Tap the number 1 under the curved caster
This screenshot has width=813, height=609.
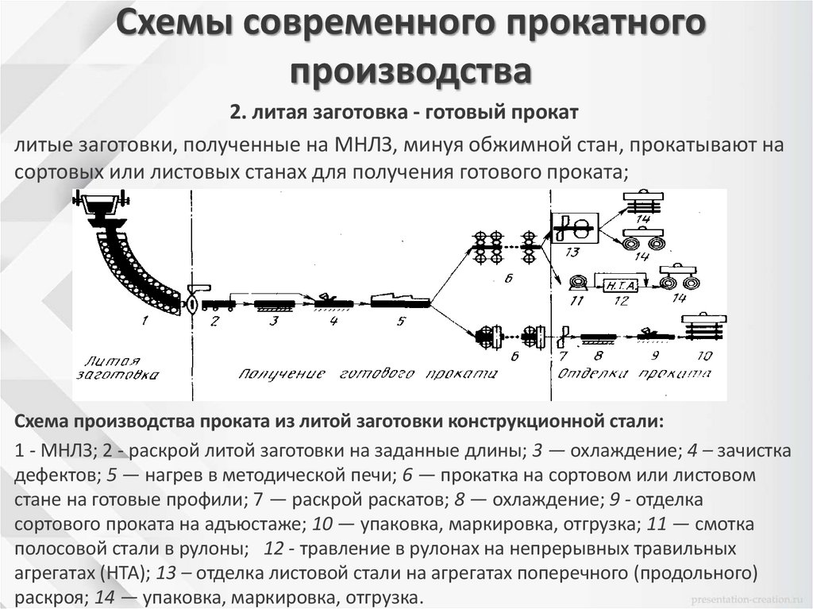(144, 321)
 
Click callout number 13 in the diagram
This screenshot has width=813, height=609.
(574, 252)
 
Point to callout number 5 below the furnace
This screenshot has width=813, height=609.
(401, 321)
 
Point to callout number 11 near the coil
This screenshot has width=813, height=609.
(577, 301)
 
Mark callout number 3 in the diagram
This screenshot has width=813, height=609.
(274, 321)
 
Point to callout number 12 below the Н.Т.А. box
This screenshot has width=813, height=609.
(621, 301)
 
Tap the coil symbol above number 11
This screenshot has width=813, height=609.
(578, 281)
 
